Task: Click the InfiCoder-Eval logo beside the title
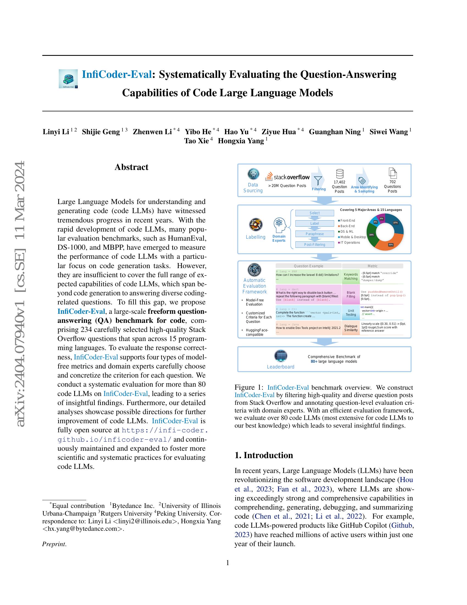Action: pyautogui.click(x=68, y=79)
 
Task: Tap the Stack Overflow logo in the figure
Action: pyautogui.click(x=287, y=177)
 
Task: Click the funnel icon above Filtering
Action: pyautogui.click(x=318, y=180)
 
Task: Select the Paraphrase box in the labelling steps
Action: pyautogui.click(x=315, y=234)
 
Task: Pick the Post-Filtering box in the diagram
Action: pyautogui.click(x=315, y=244)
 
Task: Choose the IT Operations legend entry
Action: pyautogui.click(x=350, y=243)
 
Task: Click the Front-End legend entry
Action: pyautogui.click(x=348, y=221)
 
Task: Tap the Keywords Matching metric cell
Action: pyautogui.click(x=351, y=276)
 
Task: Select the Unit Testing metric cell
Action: pyautogui.click(x=351, y=312)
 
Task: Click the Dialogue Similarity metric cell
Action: pyautogui.click(x=351, y=328)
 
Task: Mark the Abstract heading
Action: pyautogui.click(x=131, y=167)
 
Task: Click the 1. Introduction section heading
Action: pyautogui.click(x=264, y=455)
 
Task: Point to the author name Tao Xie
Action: pyautogui.click(x=196, y=141)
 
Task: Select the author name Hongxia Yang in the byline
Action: pyautogui.click(x=241, y=141)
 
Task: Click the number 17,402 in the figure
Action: pyautogui.click(x=339, y=182)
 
